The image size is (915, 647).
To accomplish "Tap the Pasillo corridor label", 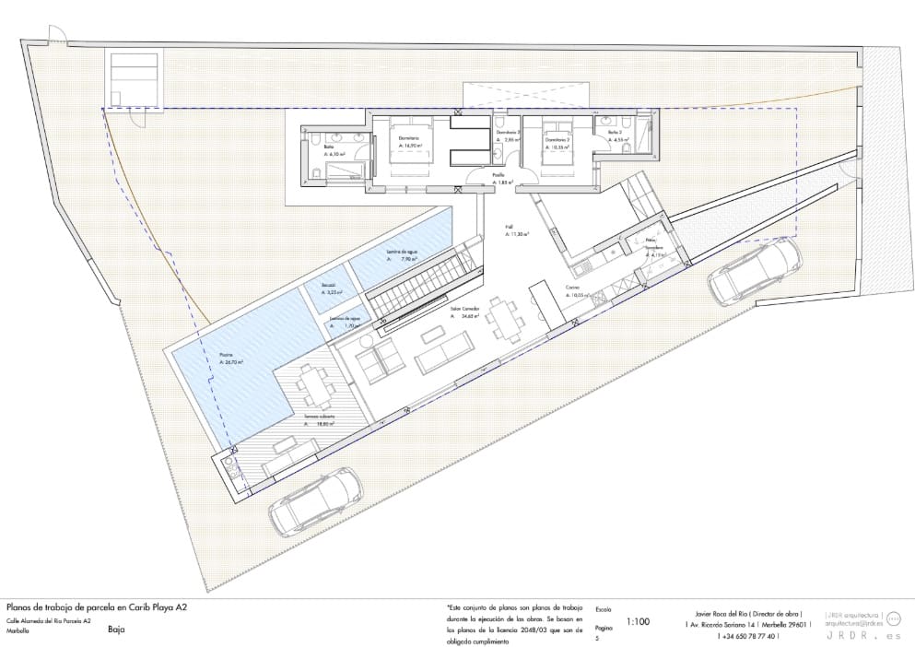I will (x=500, y=179).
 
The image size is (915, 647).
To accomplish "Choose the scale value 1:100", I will (x=638, y=622).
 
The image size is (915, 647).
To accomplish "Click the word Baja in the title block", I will (x=116, y=630).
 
